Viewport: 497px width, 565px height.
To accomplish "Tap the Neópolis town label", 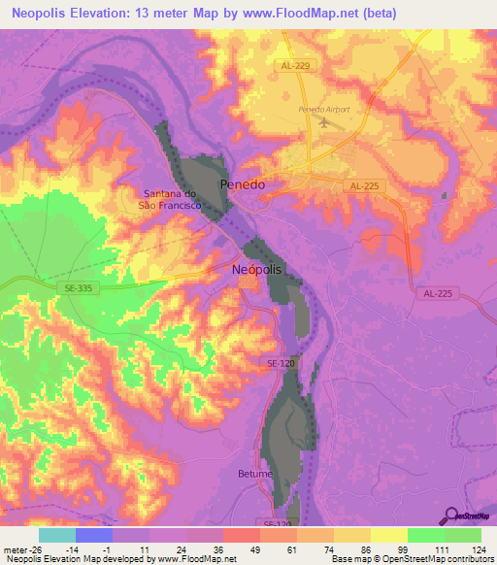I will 257,270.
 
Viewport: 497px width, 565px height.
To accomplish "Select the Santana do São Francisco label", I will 172,199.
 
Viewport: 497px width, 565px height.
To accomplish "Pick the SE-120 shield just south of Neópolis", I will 279,363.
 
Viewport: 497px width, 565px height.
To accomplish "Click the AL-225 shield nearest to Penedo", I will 365,184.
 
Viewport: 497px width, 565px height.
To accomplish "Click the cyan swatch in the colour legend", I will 57,534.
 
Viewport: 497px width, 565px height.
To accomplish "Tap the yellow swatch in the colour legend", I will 389,534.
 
